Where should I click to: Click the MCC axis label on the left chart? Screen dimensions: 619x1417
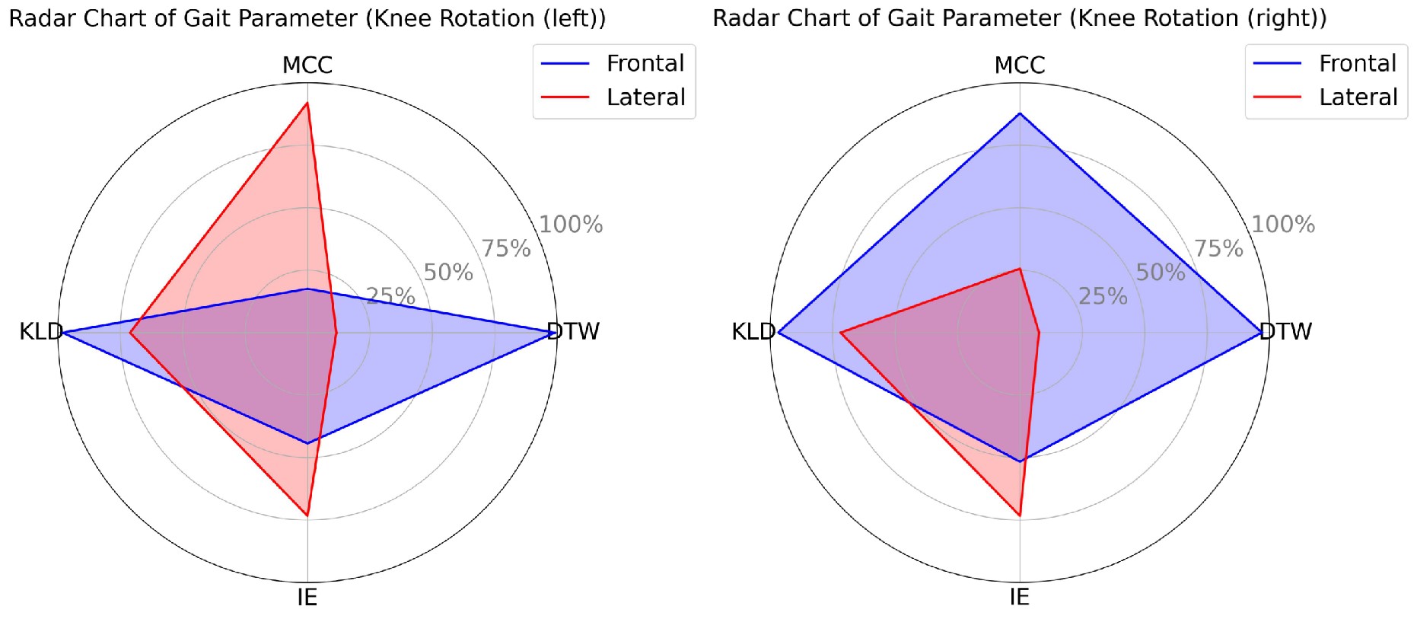[307, 65]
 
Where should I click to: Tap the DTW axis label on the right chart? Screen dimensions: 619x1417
[1285, 331]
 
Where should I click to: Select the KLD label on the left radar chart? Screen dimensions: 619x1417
[40, 331]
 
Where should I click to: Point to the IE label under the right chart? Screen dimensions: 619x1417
[1019, 597]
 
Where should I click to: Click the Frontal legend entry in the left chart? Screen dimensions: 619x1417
[645, 63]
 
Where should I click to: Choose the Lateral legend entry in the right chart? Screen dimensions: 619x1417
[1358, 97]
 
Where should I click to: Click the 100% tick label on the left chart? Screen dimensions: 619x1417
[571, 224]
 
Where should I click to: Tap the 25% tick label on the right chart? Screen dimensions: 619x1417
[1103, 296]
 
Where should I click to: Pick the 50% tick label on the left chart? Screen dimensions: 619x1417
[448, 272]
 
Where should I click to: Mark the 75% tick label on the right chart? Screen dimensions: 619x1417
[1218, 248]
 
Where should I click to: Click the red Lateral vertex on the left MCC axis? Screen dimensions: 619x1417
[307, 103]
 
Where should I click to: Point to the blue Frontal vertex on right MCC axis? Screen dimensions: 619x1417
[1020, 113]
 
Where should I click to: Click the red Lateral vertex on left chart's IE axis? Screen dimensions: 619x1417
[307, 515]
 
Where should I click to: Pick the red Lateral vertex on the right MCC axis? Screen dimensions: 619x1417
[1020, 269]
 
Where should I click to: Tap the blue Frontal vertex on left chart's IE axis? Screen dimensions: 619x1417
[307, 443]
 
